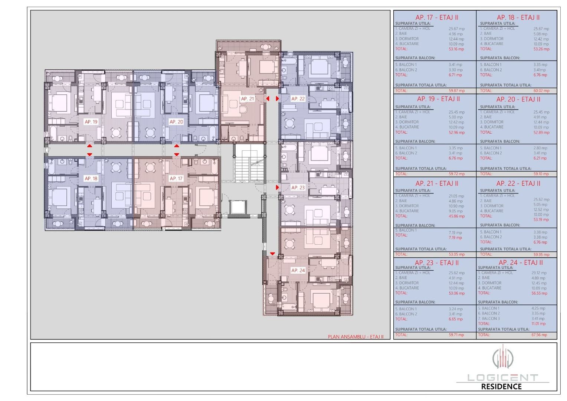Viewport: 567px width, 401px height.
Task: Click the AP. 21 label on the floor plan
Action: coord(248,99)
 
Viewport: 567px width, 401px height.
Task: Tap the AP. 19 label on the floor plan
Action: coord(91,122)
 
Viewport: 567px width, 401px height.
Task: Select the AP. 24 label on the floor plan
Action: coord(298,270)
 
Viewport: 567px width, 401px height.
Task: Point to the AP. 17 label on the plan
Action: coord(176,179)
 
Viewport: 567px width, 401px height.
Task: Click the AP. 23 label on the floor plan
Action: coord(298,188)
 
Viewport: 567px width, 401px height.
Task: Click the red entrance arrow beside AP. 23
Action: coord(277,188)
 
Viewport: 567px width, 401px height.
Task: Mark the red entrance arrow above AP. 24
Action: coord(272,254)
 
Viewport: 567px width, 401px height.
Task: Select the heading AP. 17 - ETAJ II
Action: coord(437,17)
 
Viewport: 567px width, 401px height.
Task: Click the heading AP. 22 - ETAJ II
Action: coord(518,183)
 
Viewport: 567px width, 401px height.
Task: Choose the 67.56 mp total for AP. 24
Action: coord(539,335)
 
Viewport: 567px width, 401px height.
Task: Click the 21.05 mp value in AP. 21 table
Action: coord(456,196)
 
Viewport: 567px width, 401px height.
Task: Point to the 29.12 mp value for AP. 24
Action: coord(538,273)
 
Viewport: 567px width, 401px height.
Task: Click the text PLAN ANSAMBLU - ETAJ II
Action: coord(355,337)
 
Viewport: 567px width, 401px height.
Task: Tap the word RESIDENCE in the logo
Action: coord(501,387)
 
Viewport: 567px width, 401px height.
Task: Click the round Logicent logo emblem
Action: coord(502,358)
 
